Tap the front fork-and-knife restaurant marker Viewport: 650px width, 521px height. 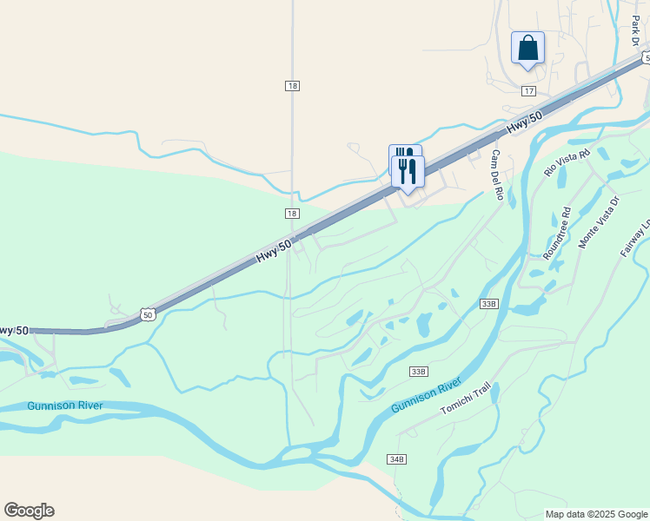pyautogui.click(x=408, y=170)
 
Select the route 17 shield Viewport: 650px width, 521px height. pyautogui.click(x=528, y=91)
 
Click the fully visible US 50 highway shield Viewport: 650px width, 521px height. pyautogui.click(x=149, y=314)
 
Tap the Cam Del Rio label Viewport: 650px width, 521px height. pyautogui.click(x=497, y=175)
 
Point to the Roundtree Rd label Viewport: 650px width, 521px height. pyautogui.click(x=556, y=234)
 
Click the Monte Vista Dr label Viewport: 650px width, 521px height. pyautogui.click(x=600, y=222)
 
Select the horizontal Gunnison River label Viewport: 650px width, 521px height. pyautogui.click(x=64, y=406)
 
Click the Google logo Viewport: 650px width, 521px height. pyautogui.click(x=29, y=511)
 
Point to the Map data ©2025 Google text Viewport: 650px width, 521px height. pyautogui.click(x=596, y=514)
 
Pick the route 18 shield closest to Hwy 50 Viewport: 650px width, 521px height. pyautogui.click(x=292, y=214)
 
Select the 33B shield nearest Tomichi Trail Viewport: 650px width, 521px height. pyautogui.click(x=419, y=371)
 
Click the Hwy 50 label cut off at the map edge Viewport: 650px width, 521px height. pyautogui.click(x=12, y=331)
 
